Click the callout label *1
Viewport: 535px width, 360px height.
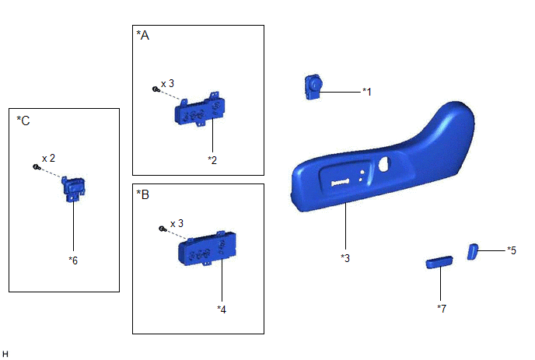coord(367,92)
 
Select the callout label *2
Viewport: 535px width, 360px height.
coord(212,160)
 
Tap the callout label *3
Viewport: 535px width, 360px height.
coord(345,258)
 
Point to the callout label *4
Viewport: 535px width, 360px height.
coord(222,309)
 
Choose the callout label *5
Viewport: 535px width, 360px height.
coord(512,250)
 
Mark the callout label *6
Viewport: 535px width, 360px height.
coord(73,260)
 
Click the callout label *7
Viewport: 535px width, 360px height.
coord(442,309)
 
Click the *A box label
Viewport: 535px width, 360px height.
coord(142,35)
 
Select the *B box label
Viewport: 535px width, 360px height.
coord(142,194)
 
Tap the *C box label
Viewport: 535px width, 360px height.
coord(23,121)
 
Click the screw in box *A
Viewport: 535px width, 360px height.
coord(156,89)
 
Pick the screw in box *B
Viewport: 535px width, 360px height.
coord(163,229)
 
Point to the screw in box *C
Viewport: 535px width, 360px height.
coord(37,167)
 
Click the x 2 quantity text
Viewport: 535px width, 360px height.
coord(48,158)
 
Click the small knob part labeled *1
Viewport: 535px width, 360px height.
coord(313,87)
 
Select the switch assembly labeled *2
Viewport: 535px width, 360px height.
coord(200,109)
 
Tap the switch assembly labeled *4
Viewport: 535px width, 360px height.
coord(207,248)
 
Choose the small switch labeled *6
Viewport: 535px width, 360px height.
coord(73,189)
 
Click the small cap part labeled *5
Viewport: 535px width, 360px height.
coord(473,252)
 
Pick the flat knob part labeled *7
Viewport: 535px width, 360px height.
coord(439,262)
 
